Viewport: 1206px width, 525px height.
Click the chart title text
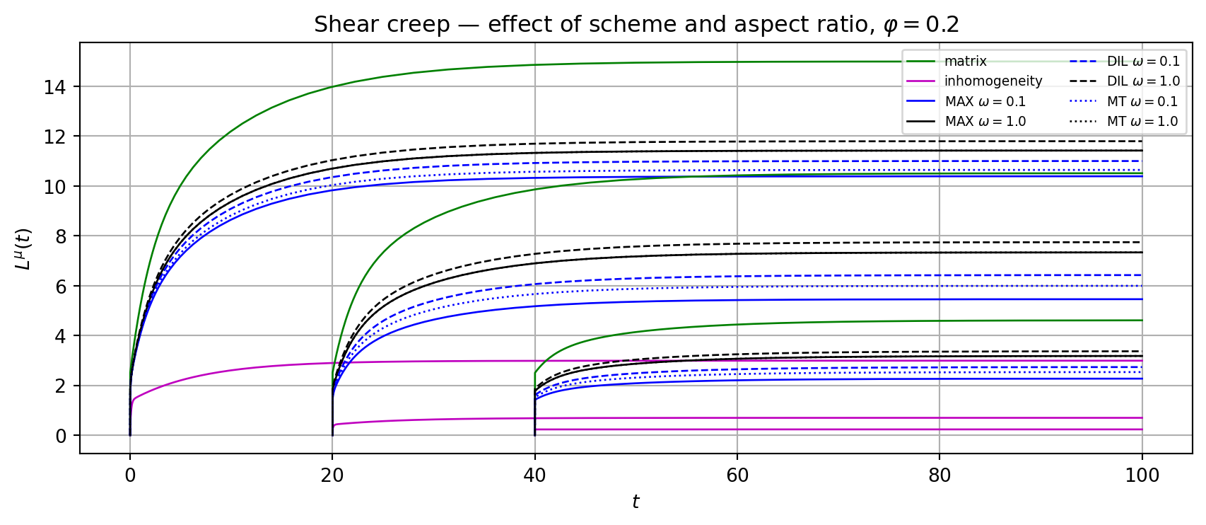(636, 25)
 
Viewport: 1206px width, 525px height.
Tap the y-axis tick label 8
(63, 236)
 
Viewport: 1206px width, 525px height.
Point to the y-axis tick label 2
(63, 386)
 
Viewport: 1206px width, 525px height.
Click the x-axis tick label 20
(332, 475)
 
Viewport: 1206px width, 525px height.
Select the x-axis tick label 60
(737, 475)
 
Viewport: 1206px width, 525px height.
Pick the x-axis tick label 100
(1142, 475)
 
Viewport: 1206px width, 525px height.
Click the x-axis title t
(636, 502)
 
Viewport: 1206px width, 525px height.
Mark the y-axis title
(23, 248)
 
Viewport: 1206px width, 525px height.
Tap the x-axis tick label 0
(130, 475)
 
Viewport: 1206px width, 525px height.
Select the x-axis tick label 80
(939, 475)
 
